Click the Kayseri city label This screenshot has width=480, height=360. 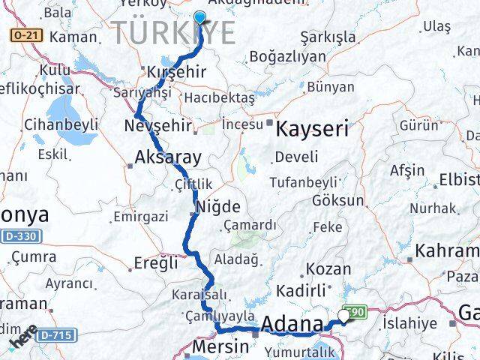click(312, 128)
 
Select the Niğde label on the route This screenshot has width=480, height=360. click(217, 206)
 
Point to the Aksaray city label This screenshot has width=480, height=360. click(168, 157)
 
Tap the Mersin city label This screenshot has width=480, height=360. click(220, 346)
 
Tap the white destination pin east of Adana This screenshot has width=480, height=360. click(344, 316)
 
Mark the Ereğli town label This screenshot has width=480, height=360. click(156, 262)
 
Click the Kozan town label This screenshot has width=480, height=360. click(328, 268)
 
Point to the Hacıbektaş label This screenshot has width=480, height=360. click(220, 97)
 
